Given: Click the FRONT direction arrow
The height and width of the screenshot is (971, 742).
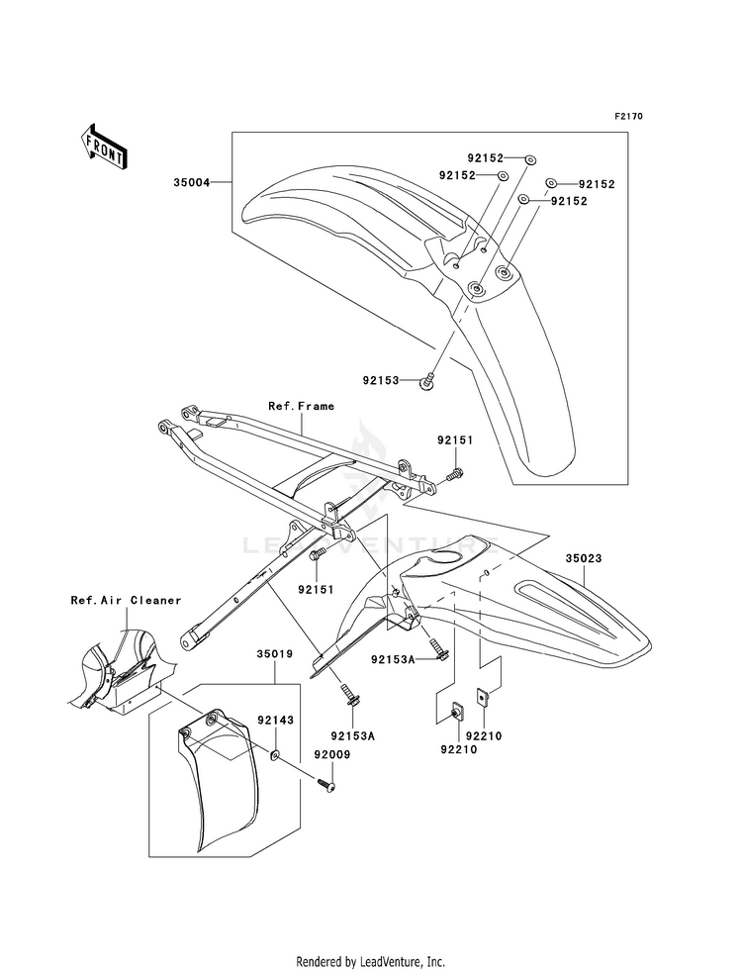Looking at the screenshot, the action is [x=104, y=146].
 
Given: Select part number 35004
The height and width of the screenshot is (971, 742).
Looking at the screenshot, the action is [x=191, y=183].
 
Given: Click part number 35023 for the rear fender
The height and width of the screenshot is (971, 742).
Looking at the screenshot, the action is [x=583, y=558].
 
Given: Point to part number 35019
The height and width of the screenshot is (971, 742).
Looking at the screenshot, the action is [x=275, y=653].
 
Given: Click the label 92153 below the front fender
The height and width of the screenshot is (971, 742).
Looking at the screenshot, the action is [x=381, y=381].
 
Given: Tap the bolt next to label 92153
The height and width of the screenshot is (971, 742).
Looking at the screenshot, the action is [x=427, y=382].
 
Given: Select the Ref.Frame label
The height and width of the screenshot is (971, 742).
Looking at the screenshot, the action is [x=302, y=406].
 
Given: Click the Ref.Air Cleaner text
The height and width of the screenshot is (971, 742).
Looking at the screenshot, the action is [x=126, y=600].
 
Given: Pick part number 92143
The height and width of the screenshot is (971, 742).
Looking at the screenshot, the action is [x=275, y=721].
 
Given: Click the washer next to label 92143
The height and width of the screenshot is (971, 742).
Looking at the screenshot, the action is [x=275, y=754].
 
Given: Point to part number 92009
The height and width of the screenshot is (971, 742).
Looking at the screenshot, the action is [x=331, y=754].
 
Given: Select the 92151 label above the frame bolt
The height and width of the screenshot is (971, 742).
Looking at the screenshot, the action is [x=455, y=440].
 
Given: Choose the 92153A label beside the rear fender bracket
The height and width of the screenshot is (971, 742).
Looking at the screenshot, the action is [x=393, y=659].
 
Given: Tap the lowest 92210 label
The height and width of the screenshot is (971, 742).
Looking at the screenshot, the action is [x=459, y=749].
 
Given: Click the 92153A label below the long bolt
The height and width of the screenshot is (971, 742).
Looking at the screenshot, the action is [x=353, y=735].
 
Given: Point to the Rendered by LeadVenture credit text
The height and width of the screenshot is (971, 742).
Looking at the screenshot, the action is [x=371, y=962].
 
